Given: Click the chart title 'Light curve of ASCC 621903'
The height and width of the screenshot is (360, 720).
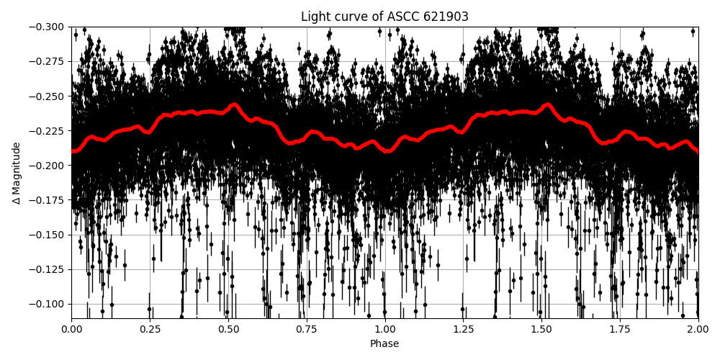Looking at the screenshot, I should (x=384, y=17).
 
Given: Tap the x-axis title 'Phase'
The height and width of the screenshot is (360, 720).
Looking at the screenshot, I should (x=384, y=344).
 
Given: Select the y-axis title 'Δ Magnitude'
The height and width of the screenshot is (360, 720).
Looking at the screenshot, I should (x=17, y=173).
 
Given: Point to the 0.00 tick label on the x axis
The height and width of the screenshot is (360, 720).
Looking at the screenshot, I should (x=71, y=329).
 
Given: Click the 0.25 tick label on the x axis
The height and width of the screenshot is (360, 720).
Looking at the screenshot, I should (x=150, y=329).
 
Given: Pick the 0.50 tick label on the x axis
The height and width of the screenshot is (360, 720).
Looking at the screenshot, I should (x=228, y=329).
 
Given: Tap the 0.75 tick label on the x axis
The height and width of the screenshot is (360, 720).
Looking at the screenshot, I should (x=307, y=329).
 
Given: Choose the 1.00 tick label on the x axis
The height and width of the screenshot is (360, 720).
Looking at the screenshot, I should (x=384, y=329).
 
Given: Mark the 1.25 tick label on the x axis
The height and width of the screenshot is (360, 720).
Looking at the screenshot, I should (x=463, y=329).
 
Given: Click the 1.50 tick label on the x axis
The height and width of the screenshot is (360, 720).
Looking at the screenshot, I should (x=541, y=329).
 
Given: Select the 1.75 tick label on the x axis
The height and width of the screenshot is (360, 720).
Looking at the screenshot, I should (x=620, y=329).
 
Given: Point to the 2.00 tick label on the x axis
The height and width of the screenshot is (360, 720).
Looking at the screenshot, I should (x=698, y=329).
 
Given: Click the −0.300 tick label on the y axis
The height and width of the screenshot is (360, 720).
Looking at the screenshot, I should (x=47, y=27).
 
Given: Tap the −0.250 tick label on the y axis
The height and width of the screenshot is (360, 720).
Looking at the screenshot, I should (x=47, y=96).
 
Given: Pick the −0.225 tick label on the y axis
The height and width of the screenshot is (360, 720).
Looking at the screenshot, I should (x=47, y=131).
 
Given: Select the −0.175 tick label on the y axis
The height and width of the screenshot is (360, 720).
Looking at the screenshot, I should (x=47, y=200).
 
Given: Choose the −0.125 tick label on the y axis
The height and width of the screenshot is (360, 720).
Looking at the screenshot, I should (x=47, y=269).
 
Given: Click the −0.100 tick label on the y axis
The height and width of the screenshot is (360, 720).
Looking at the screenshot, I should (x=47, y=304).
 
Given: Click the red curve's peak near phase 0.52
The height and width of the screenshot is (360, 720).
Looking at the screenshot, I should (x=235, y=104).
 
